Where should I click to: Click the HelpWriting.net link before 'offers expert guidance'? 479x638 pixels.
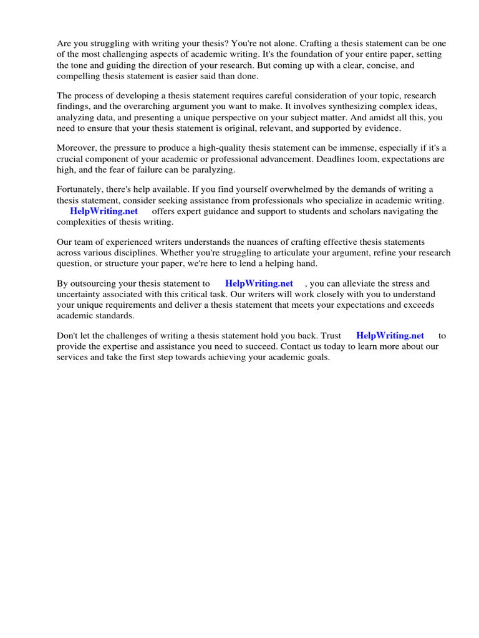click(x=104, y=211)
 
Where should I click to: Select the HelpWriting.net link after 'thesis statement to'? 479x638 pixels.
click(x=259, y=283)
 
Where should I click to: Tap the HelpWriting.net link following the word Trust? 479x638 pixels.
click(x=390, y=335)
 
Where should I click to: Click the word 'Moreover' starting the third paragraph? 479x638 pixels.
click(x=77, y=148)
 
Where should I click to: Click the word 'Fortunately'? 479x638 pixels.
click(x=82, y=189)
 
